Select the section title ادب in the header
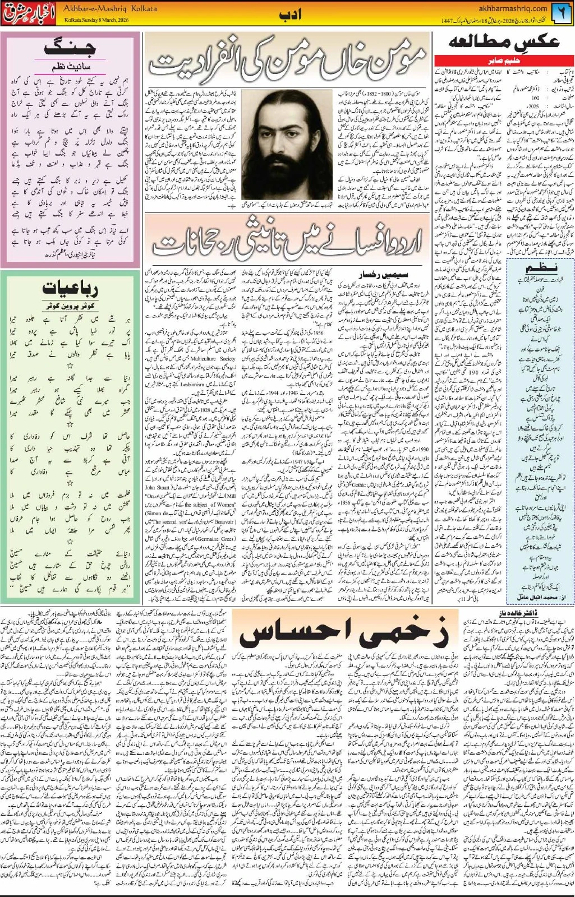click(x=290, y=14)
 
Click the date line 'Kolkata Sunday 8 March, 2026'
click(x=101, y=19)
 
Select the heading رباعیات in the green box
click(x=70, y=289)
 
